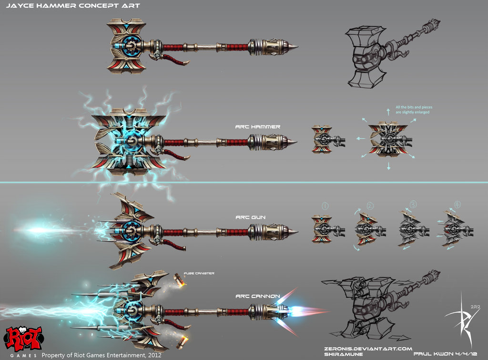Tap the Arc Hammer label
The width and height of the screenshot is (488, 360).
tap(257, 127)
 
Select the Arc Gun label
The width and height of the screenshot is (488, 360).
tap(250, 217)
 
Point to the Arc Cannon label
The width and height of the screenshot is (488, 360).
tap(258, 296)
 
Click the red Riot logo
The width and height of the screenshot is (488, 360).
tap(22, 338)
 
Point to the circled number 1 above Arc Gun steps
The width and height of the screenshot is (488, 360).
tap(325, 206)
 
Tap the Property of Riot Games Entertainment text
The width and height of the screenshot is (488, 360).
tap(102, 355)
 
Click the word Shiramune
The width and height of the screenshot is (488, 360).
tap(340, 355)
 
